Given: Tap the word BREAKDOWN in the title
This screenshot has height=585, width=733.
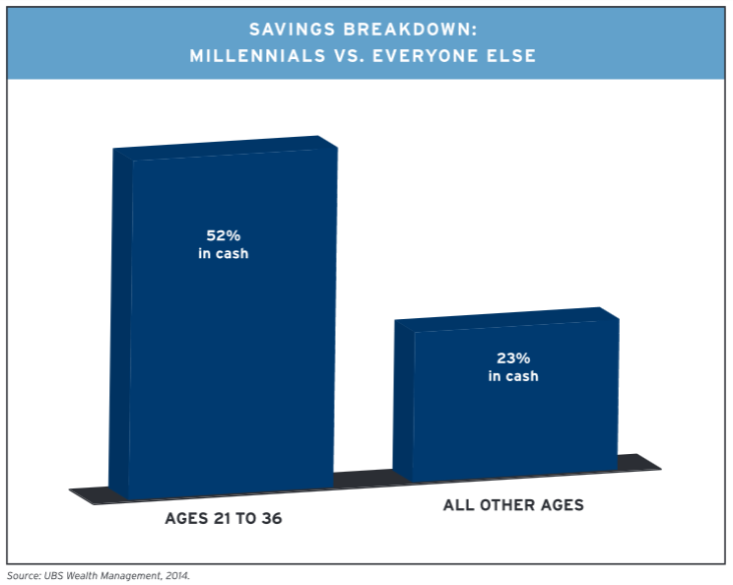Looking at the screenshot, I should coord(398,30).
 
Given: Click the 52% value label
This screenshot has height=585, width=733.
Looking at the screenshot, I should coord(222,236).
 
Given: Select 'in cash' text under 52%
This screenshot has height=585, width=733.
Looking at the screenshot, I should coord(223,254).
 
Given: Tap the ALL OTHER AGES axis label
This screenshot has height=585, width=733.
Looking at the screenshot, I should coord(513,505).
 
